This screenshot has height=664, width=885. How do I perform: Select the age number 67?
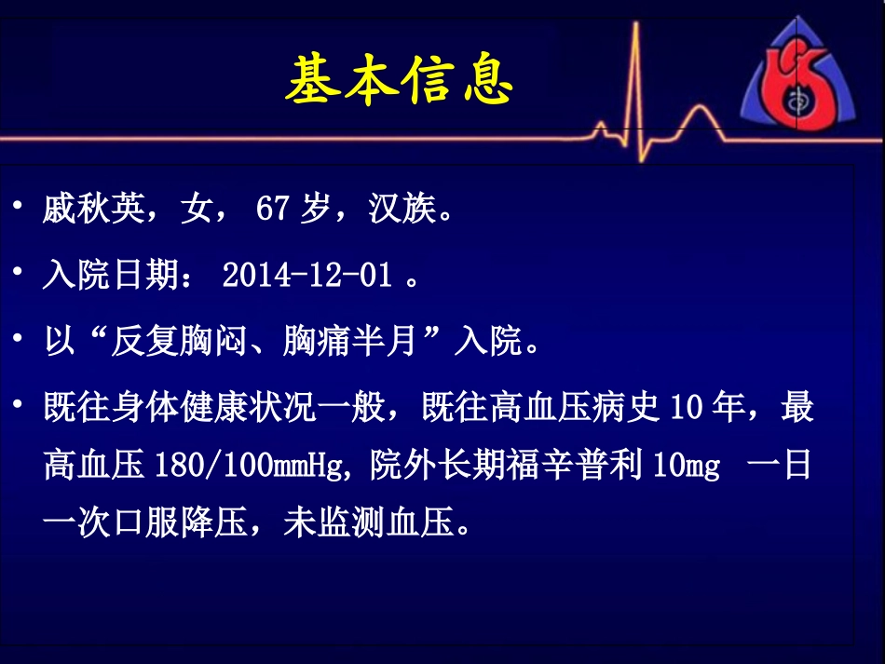pos(274,210)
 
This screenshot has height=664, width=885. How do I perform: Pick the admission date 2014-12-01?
pos(306,276)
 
